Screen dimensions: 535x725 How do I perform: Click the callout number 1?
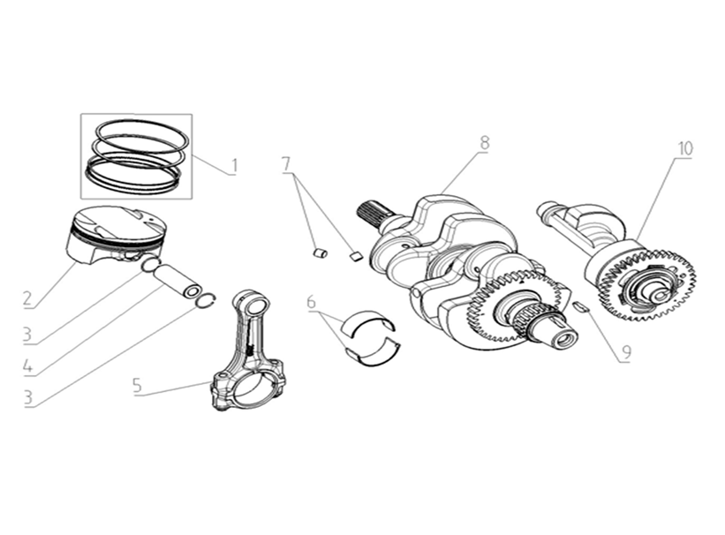tap(235, 165)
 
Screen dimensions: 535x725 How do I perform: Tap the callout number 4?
tap(29, 365)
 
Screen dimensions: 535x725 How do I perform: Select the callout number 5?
tap(138, 386)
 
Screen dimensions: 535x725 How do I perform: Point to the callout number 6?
tap(312, 303)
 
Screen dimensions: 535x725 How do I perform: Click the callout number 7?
tap(286, 163)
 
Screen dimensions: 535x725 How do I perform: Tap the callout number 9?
tap(625, 352)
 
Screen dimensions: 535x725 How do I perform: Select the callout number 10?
tap(686, 148)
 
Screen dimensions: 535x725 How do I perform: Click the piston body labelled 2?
tap(117, 234)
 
